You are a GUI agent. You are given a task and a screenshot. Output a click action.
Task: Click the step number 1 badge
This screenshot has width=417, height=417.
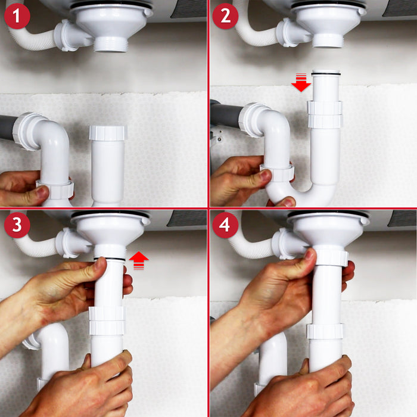17,17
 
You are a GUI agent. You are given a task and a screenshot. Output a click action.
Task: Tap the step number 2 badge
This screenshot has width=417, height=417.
226,17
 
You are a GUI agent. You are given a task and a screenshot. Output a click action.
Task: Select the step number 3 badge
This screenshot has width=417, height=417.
17,226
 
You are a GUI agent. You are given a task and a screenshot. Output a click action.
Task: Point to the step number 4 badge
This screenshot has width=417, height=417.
226,226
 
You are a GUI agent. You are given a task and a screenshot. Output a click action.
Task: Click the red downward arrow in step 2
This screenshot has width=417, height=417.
301,84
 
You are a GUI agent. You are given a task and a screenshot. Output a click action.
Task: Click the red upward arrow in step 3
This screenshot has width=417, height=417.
138,260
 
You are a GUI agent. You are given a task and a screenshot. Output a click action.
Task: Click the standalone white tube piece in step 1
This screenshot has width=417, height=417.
108,164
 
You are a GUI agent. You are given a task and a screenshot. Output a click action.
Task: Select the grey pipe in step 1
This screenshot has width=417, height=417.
7,128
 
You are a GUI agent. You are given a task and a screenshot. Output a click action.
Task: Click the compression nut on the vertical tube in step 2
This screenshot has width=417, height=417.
325,114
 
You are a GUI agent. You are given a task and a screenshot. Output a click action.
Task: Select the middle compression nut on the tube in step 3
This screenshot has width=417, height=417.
107,320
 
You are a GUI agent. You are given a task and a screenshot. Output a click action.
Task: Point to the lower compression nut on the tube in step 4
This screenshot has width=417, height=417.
325,332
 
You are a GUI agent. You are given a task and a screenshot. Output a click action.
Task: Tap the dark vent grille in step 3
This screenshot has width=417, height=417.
186,218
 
